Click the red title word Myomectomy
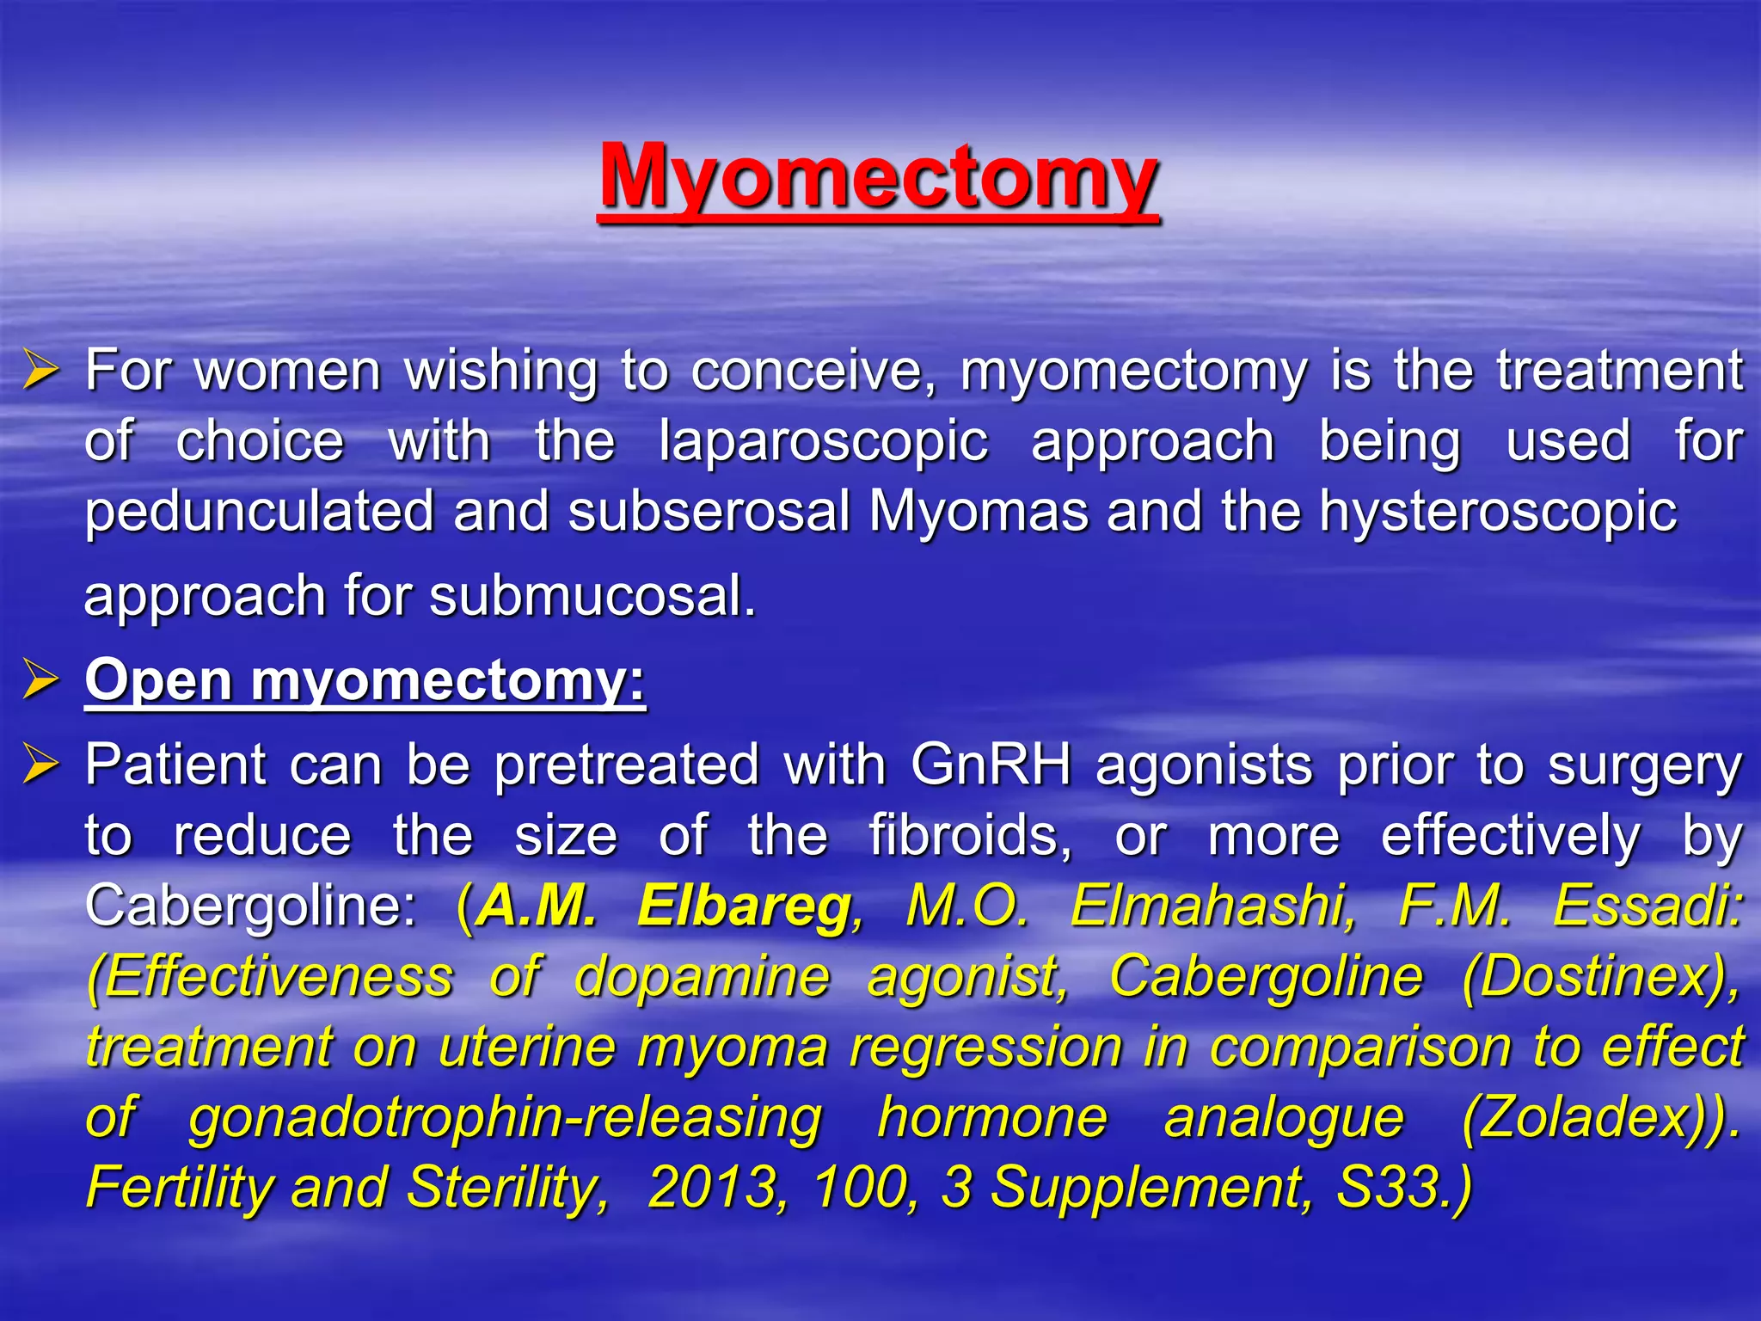(878, 176)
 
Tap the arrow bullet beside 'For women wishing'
(41, 371)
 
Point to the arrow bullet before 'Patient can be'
(41, 764)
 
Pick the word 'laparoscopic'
(823, 442)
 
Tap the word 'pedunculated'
(259, 512)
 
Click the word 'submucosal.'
(592, 596)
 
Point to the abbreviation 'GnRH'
(991, 764)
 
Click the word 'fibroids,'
(970, 835)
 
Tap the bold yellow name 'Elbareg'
(745, 906)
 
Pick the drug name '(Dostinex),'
(1601, 976)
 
